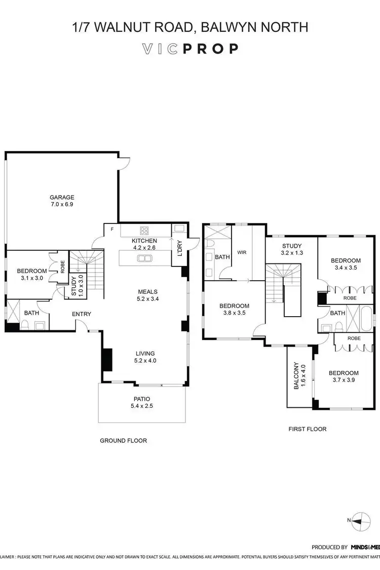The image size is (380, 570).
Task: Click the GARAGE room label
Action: (62, 197)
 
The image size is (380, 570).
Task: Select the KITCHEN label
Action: (144, 241)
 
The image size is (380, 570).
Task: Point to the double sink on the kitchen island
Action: (144, 258)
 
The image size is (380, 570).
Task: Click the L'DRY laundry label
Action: (179, 246)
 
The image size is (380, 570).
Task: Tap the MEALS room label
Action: (148, 291)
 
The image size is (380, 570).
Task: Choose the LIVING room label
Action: (145, 353)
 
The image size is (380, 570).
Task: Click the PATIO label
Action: (142, 399)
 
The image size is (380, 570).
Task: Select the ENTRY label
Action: (82, 314)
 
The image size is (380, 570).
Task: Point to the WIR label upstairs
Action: (242, 252)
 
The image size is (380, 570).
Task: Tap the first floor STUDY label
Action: (292, 246)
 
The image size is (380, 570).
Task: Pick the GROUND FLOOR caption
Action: (123, 441)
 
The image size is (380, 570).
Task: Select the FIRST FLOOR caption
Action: (308, 429)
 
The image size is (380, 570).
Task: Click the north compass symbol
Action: (359, 520)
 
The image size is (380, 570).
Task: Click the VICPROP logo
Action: (190, 49)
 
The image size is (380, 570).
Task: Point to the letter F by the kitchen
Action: (112, 230)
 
